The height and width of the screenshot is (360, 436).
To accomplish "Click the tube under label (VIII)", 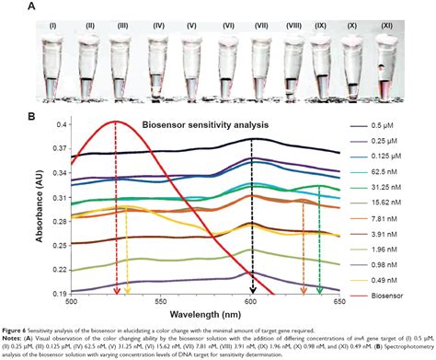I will tap(293, 74).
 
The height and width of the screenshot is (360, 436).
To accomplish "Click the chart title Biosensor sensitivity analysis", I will tap(199, 124).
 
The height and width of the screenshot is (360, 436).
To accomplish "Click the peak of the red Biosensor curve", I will tap(115, 121).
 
